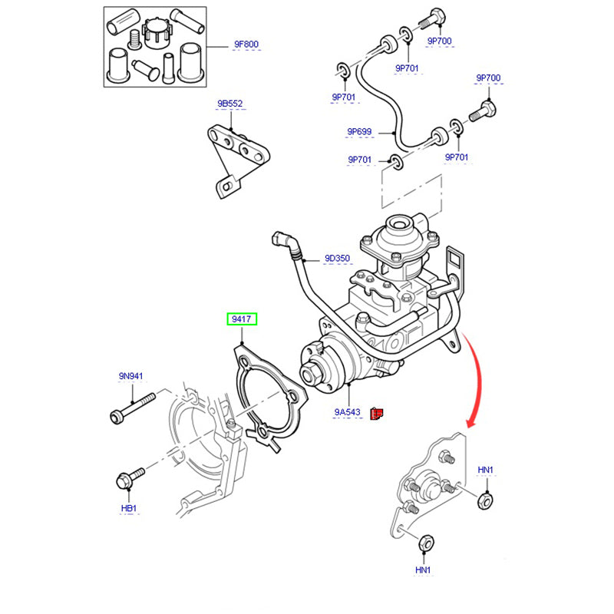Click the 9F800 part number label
click(x=246, y=44)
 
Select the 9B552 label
click(x=229, y=103)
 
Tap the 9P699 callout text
click(x=359, y=132)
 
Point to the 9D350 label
click(x=337, y=258)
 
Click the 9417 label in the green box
click(x=242, y=319)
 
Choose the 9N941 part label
click(x=131, y=376)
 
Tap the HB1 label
click(x=128, y=509)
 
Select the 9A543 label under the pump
click(x=347, y=412)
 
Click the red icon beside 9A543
click(x=376, y=413)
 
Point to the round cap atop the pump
click(x=400, y=227)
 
